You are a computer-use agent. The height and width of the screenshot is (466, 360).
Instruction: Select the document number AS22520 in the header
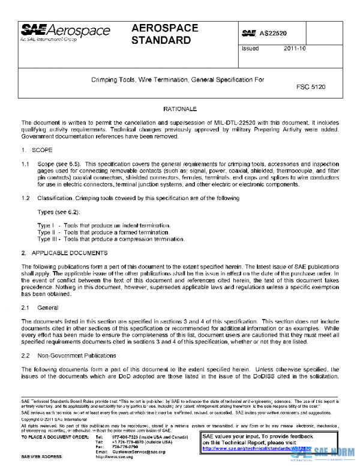[277, 33]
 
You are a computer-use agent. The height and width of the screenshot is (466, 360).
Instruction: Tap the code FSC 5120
[311, 87]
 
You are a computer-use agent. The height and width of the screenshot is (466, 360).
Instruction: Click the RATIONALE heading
[180, 108]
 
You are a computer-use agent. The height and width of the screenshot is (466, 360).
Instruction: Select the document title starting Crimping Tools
[177, 79]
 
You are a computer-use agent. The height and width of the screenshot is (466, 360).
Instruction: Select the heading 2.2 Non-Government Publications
[66, 356]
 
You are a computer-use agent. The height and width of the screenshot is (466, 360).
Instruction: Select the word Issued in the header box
[250, 49]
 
